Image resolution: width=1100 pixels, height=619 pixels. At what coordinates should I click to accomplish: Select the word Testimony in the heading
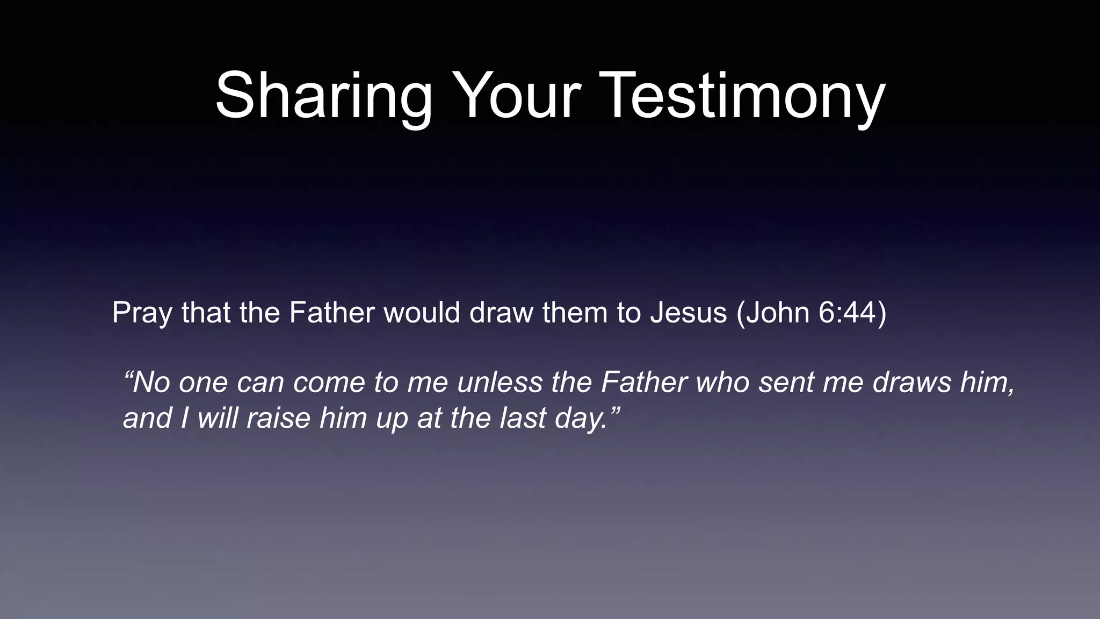742,97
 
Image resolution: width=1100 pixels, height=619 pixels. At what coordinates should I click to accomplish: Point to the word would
422,313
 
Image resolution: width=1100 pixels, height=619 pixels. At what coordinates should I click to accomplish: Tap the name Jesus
688,313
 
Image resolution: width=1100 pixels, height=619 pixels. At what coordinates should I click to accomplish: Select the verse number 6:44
848,313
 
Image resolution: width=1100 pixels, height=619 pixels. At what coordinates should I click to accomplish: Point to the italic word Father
644,383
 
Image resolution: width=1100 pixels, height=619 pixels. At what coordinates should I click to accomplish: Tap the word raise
278,418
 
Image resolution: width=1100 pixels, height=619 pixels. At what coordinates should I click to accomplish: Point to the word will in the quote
218,418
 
